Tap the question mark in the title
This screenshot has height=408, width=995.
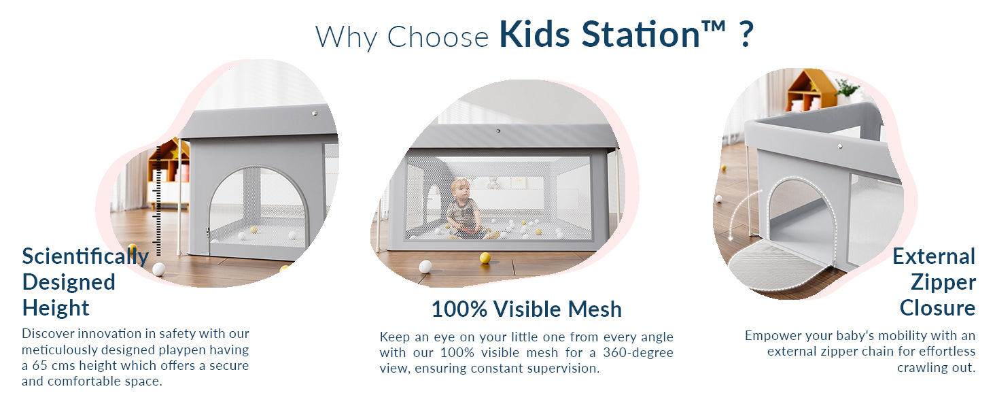click(747, 34)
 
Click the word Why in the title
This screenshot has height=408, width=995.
click(346, 37)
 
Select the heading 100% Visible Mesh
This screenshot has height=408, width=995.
click(526, 309)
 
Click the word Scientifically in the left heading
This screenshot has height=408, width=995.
click(85, 256)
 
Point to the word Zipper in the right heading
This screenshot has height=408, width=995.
click(943, 282)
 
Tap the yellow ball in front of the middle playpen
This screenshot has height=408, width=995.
click(485, 258)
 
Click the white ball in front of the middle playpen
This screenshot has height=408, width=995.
click(425, 267)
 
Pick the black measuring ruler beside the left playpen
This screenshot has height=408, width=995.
click(156, 201)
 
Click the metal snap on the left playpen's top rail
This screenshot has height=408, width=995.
click(315, 114)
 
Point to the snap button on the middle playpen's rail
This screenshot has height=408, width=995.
click(498, 131)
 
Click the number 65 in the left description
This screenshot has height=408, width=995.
click(39, 365)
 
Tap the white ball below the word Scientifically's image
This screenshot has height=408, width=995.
click(158, 269)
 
